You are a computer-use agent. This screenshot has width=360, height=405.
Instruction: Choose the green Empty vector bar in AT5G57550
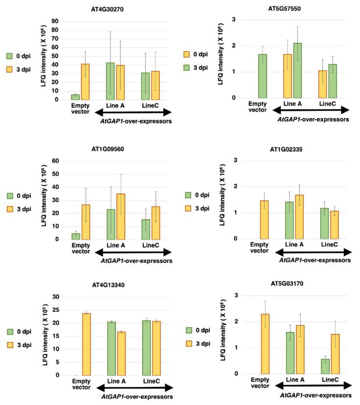pos(263,76)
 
